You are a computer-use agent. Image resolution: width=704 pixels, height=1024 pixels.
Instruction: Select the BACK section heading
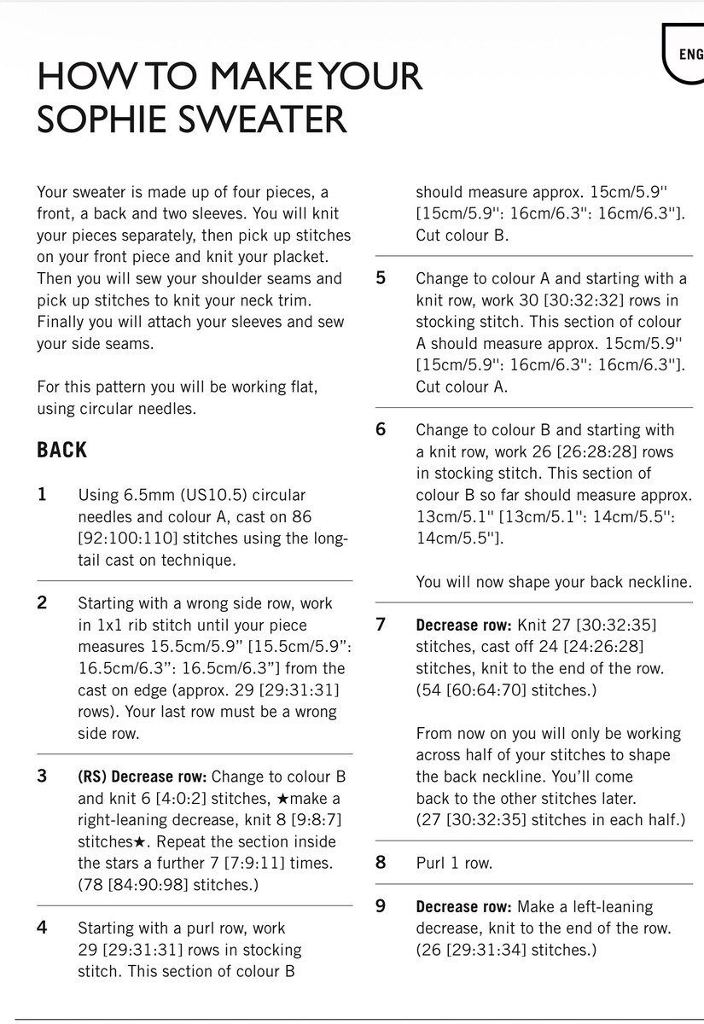62,450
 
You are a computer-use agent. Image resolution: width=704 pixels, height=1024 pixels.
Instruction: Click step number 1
43,495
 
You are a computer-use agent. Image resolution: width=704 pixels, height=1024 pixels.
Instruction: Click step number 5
381,278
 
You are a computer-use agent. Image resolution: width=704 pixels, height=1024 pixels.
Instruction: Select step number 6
381,429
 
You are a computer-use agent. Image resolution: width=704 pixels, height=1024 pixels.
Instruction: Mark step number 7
381,624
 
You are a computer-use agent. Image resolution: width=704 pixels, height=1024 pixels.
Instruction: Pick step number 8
381,862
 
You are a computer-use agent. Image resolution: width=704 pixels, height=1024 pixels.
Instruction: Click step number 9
381,906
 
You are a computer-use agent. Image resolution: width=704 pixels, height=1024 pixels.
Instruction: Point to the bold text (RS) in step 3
91,777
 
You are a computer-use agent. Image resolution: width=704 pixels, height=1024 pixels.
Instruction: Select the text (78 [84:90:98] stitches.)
168,885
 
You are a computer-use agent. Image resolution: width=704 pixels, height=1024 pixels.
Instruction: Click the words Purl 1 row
454,863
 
